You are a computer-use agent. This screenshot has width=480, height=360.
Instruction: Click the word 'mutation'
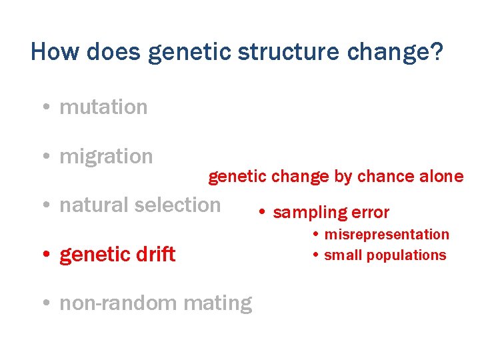[x=103, y=107]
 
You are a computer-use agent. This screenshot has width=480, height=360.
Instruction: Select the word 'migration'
[x=106, y=157]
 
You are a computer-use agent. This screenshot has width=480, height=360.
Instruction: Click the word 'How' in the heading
[x=51, y=52]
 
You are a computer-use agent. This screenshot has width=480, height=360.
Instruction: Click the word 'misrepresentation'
[x=387, y=235]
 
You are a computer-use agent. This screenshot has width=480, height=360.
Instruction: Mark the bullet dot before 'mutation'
[x=44, y=107]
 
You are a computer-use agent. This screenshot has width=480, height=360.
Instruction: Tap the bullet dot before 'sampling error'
[x=263, y=213]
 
